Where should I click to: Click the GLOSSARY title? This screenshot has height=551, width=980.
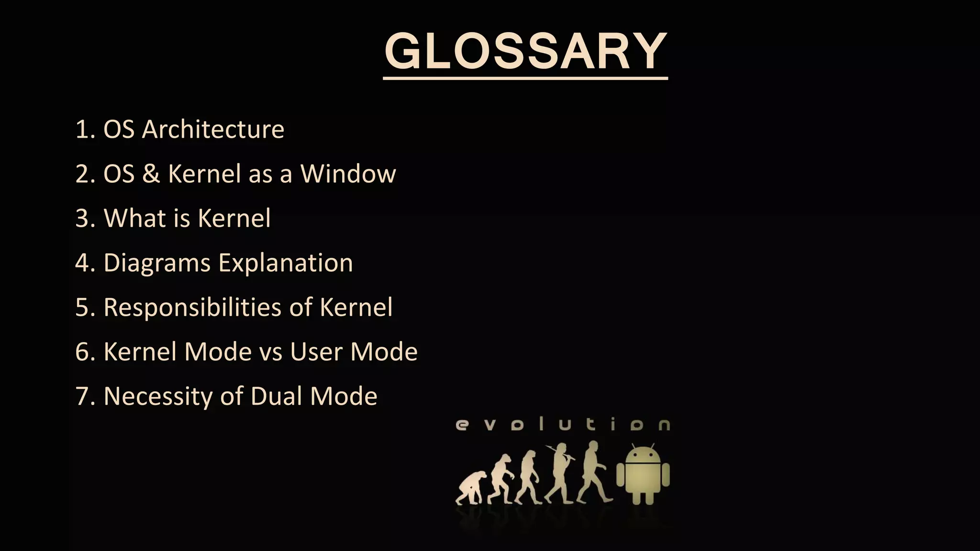525,52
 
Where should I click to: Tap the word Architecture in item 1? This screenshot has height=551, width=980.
213,129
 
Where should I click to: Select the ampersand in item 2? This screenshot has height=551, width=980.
151,173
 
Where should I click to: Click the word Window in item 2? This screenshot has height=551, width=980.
348,173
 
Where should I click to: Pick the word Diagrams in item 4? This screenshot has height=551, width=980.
157,263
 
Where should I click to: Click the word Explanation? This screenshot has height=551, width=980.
286,263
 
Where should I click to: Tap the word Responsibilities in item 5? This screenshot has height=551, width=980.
192,307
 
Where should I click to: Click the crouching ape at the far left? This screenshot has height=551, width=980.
471,488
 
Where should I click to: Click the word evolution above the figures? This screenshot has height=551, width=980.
563,424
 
